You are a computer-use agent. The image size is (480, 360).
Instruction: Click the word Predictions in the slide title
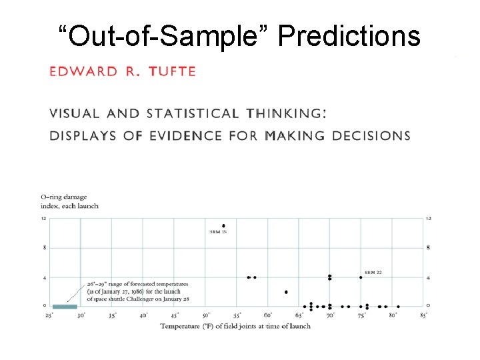pyautogui.click(x=349, y=37)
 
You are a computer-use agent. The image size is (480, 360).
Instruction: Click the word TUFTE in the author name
pyautogui.click(x=172, y=71)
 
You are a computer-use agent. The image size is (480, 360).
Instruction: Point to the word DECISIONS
pyautogui.click(x=365, y=135)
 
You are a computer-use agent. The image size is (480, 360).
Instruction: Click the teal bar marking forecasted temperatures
pyautogui.click(x=65, y=307)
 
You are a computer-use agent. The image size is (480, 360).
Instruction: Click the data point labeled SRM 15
pyautogui.click(x=223, y=226)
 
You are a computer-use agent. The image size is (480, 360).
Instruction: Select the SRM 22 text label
pyautogui.click(x=373, y=273)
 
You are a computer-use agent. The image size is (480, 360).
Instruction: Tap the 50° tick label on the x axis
pyautogui.click(x=206, y=315)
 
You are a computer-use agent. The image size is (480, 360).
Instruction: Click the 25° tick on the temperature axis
pyautogui.click(x=49, y=315)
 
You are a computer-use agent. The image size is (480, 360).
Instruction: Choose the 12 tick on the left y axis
pyautogui.click(x=43, y=219)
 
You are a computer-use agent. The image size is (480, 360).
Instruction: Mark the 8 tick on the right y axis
pyautogui.click(x=428, y=248)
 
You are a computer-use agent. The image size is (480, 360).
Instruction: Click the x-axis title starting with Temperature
pyautogui.click(x=235, y=326)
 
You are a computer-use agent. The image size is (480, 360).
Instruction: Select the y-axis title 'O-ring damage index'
pyautogui.click(x=69, y=201)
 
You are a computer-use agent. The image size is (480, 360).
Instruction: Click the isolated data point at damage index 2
pyautogui.click(x=286, y=292)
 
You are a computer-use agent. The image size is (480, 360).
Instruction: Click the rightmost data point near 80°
pyautogui.click(x=398, y=307)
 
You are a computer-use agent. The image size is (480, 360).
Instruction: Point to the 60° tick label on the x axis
pyautogui.click(x=268, y=315)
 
